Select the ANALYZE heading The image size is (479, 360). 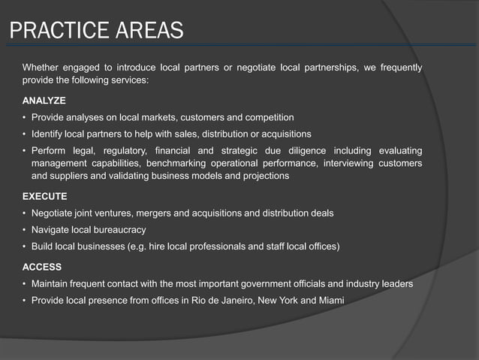click(44, 100)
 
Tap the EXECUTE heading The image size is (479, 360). click(45, 196)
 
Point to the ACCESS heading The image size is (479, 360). click(42, 267)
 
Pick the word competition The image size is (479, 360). click(268, 117)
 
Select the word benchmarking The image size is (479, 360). click(179, 163)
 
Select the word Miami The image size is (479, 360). click(331, 301)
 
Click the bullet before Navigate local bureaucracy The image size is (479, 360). click(25, 230)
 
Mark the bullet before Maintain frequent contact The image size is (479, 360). click(25, 284)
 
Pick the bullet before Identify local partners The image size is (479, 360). click(25, 134)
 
